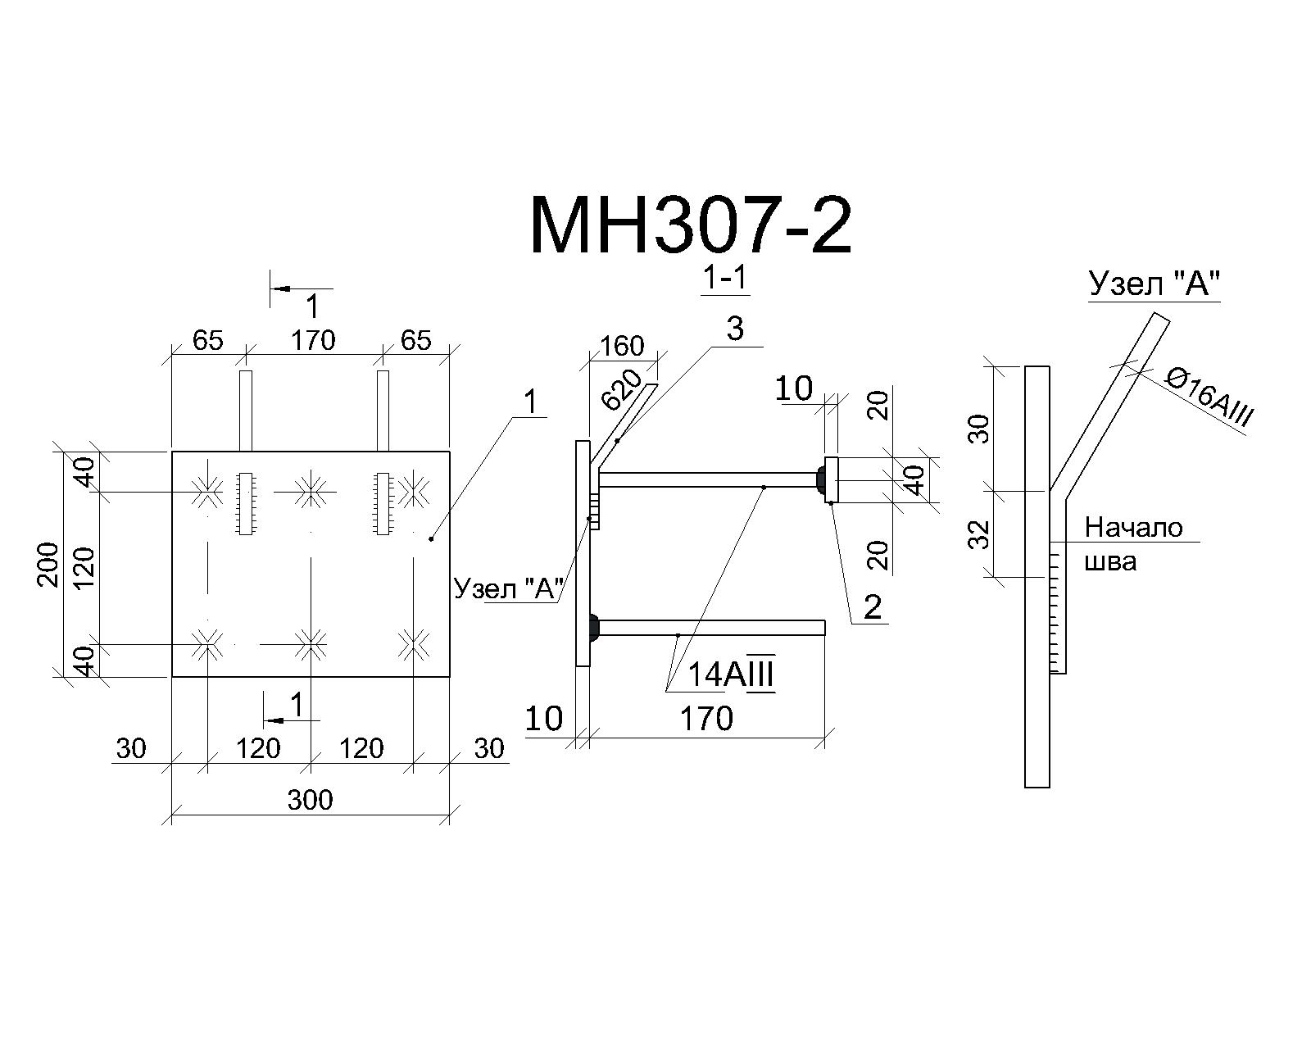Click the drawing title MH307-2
click(690, 225)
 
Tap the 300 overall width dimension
click(310, 800)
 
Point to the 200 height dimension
click(48, 565)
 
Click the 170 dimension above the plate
click(312, 340)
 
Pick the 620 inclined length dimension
click(621, 389)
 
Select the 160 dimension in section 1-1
click(622, 346)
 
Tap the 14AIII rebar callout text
click(731, 675)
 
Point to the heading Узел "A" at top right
click(1154, 284)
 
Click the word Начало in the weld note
click(1134, 528)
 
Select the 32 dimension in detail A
click(979, 534)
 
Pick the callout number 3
click(735, 329)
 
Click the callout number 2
click(873, 607)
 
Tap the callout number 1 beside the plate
click(531, 402)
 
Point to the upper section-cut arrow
click(302, 288)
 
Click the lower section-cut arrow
click(292, 720)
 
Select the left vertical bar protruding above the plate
click(246, 411)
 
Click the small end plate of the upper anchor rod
click(832, 479)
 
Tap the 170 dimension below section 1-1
click(706, 720)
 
